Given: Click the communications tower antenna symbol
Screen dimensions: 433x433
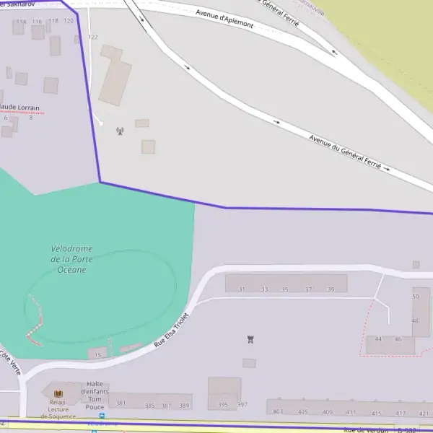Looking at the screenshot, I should pyautogui.click(x=120, y=131).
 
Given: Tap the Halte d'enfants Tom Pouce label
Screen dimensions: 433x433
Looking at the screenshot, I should pyautogui.click(x=97, y=395).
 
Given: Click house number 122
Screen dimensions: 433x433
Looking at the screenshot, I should pyautogui.click(x=92, y=37).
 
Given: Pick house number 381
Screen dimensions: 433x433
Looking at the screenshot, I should pyautogui.click(x=121, y=403).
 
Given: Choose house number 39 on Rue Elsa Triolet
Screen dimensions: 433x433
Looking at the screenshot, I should pyautogui.click(x=331, y=289).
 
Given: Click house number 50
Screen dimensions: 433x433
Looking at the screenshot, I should pyautogui.click(x=416, y=297).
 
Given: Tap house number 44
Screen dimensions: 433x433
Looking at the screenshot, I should pyautogui.click(x=378, y=338).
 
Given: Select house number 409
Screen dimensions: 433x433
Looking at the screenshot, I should pyautogui.click(x=328, y=412).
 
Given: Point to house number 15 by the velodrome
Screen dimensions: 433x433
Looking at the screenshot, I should pyautogui.click(x=97, y=355).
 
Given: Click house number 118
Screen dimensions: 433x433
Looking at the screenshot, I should pyautogui.click(x=53, y=21).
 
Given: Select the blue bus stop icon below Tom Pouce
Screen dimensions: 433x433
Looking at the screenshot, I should pyautogui.click(x=102, y=416).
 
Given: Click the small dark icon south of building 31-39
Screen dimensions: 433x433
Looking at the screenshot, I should pyautogui.click(x=250, y=339).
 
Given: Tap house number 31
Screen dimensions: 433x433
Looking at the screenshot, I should pyautogui.click(x=242, y=289).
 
